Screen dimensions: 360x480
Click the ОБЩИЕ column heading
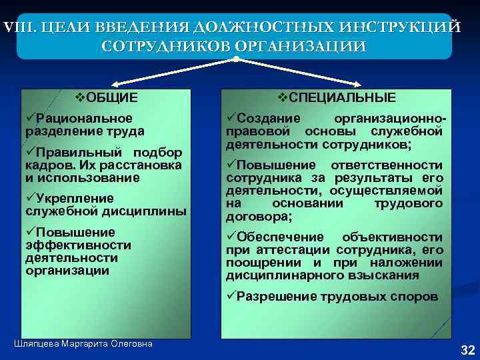(108, 98)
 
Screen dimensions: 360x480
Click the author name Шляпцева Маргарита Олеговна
(83, 343)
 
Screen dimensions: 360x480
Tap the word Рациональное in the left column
(80, 118)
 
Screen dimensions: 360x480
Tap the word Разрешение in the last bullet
(277, 297)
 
